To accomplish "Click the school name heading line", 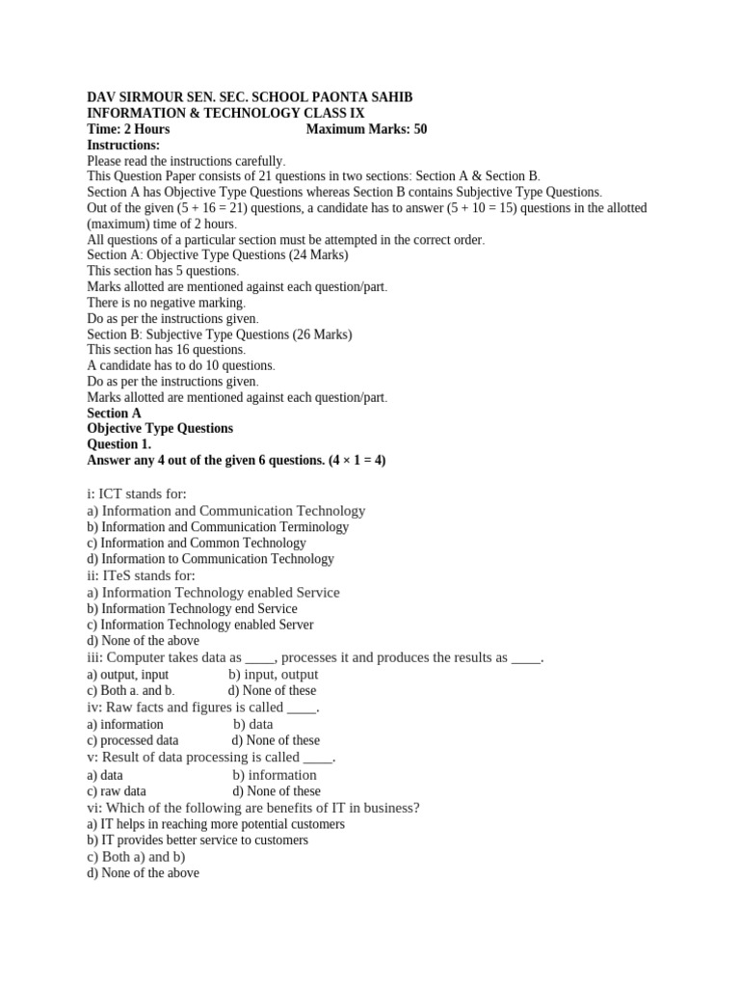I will click(x=250, y=97).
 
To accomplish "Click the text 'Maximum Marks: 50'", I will click(x=366, y=129).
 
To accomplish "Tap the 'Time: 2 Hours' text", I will click(x=128, y=129).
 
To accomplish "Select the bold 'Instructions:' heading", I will click(x=123, y=145).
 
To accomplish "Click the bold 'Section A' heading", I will click(x=114, y=413).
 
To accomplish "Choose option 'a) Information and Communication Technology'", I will click(x=226, y=511).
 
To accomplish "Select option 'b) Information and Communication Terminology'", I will click(x=218, y=527).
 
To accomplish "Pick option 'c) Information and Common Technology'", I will click(x=197, y=543).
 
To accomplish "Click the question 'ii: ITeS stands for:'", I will click(x=141, y=575).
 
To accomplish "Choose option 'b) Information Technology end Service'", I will click(x=192, y=608).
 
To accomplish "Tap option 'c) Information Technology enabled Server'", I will click(x=200, y=625).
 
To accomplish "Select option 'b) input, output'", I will click(x=274, y=675).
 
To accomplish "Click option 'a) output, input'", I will click(x=127, y=675).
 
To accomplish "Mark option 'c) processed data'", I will click(x=133, y=740).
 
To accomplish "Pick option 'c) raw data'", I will click(x=117, y=791).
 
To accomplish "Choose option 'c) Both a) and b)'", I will click(x=136, y=856).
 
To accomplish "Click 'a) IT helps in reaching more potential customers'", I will click(x=216, y=824).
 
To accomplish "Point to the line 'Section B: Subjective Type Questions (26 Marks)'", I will click(x=220, y=334).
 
